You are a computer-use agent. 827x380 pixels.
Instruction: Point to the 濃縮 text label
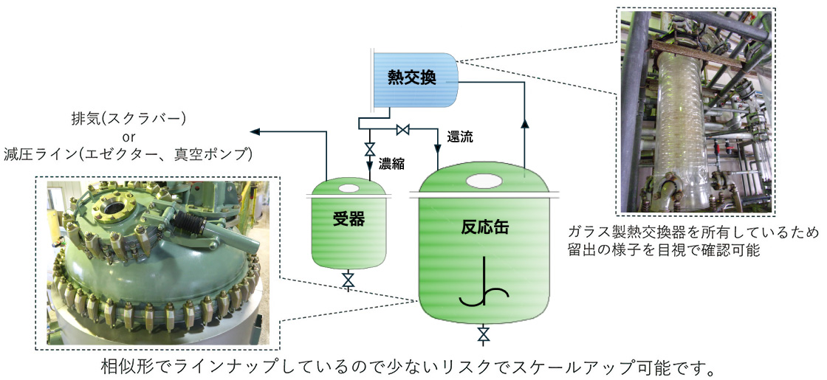pos(391,162)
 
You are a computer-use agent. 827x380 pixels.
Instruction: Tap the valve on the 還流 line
pos(403,131)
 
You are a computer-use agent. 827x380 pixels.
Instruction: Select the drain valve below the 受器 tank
pos(349,280)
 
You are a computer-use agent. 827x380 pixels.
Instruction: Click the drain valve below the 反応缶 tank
pos(484,334)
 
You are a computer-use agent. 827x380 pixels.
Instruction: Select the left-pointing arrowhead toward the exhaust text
pos(255,131)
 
